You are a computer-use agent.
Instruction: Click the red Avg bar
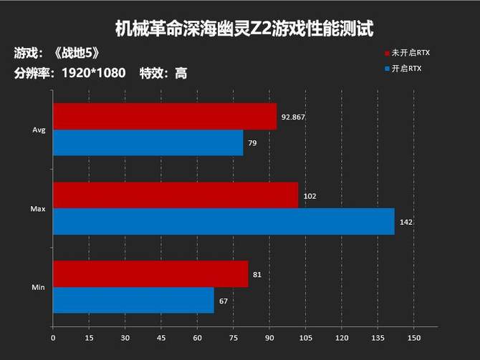[x=164, y=117]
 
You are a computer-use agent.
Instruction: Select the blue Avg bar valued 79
[x=148, y=143]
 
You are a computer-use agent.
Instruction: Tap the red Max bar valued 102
[x=175, y=195]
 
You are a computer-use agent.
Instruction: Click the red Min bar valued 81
[x=150, y=274]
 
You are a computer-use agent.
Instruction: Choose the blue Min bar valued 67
[x=133, y=301]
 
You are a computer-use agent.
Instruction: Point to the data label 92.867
[x=294, y=117]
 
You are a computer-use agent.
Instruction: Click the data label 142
[x=406, y=222]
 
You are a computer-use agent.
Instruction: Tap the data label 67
[x=224, y=301]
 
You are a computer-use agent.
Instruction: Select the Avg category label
[x=39, y=130]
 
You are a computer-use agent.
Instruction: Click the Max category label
[x=39, y=209]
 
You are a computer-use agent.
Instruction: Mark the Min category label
[x=39, y=288]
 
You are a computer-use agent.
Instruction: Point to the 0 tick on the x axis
[x=53, y=337]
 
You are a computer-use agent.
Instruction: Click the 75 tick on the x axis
[x=234, y=337]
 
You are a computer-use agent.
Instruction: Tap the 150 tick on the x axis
[x=413, y=337]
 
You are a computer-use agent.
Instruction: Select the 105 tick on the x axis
[x=305, y=337]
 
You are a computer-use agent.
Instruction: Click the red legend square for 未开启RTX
[x=386, y=53]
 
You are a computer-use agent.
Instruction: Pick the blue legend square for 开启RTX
[x=386, y=68]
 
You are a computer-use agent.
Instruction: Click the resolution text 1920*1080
[x=94, y=73]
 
